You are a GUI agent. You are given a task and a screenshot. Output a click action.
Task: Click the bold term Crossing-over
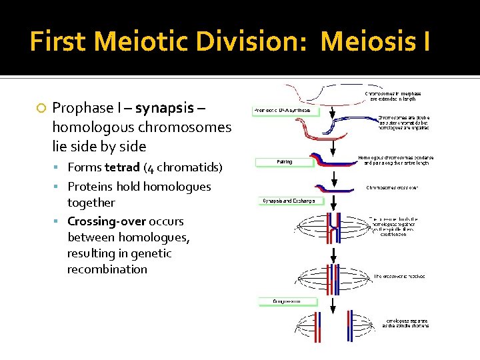point(107,221)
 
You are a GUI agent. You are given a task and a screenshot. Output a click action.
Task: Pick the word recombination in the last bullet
point(107,269)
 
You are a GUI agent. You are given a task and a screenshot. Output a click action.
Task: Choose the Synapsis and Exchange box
point(288,201)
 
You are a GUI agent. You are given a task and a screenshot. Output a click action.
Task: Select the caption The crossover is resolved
point(399,275)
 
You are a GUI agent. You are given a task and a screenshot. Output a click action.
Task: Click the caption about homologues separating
point(405,323)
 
